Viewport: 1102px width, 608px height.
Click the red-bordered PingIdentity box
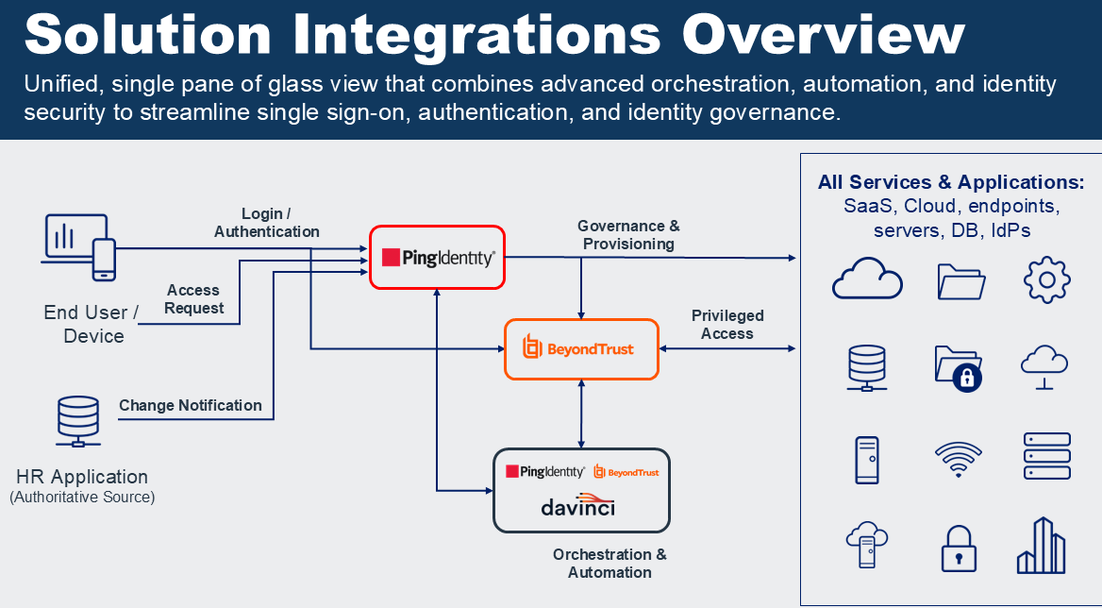click(438, 257)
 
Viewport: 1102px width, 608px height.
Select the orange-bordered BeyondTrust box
click(580, 349)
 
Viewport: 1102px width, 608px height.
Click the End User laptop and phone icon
click(80, 246)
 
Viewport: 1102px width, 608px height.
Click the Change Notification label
click(191, 405)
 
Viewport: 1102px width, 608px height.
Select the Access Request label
click(193, 299)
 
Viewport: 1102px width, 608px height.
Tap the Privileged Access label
click(727, 324)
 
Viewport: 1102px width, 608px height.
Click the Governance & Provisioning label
click(628, 235)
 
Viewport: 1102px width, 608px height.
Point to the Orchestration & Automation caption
click(609, 563)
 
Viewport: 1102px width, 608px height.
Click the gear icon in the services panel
click(1046, 279)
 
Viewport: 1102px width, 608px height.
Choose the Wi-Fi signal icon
click(958, 458)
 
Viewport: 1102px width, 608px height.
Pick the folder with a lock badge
click(959, 368)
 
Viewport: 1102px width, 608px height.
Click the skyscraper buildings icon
click(1042, 546)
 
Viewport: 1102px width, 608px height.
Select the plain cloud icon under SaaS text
click(867, 279)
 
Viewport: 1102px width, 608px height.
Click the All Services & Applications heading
click(951, 182)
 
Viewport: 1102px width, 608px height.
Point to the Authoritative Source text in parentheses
click(82, 497)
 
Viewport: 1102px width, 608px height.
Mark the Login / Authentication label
click(267, 223)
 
